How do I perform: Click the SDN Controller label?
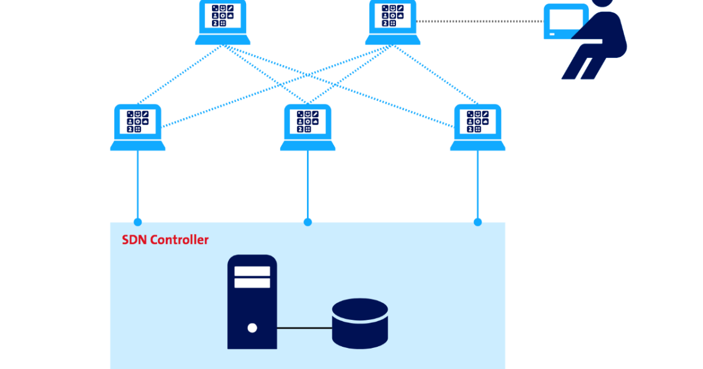tap(165, 240)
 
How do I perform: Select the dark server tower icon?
tap(252, 302)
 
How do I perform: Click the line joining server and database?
tap(304, 328)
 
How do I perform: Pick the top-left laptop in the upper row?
tap(223, 23)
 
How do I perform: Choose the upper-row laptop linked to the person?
tap(393, 23)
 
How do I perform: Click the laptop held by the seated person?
tap(566, 22)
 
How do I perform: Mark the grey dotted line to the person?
tap(480, 22)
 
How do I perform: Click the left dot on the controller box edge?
tap(138, 222)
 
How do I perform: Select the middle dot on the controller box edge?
tap(308, 222)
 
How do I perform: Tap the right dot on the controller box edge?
tap(477, 222)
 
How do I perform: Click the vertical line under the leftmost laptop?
tap(138, 184)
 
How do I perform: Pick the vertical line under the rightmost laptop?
tap(477, 184)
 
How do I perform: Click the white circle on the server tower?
tap(252, 327)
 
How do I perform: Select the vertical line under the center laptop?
tap(308, 184)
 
